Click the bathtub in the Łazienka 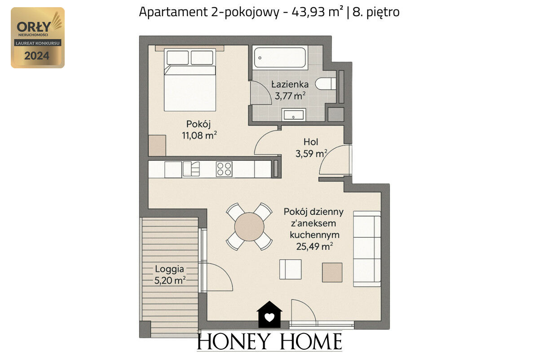(x=280, y=58)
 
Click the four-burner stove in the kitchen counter (x=224, y=169)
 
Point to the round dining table (x=249, y=227)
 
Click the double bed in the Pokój (x=190, y=80)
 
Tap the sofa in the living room (x=367, y=249)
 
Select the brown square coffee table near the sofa (x=332, y=272)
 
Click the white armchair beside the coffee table (x=290, y=269)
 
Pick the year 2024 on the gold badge (x=37, y=56)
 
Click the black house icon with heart (x=269, y=315)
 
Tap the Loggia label (x=169, y=269)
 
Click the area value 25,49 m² (x=314, y=246)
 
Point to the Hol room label (x=311, y=142)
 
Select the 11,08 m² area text (x=199, y=135)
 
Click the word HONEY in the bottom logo (x=233, y=341)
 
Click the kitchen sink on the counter (x=191, y=169)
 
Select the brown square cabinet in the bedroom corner (x=157, y=146)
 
